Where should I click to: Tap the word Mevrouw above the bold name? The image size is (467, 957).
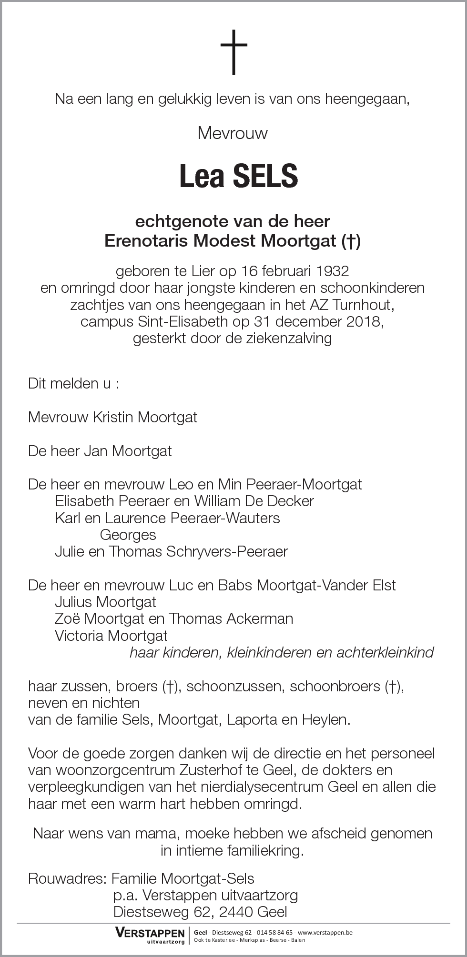[x=233, y=133]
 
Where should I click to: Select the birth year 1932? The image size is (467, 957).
[x=332, y=271]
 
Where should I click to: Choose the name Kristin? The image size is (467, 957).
[x=113, y=418]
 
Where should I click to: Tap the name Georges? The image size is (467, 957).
[x=128, y=535]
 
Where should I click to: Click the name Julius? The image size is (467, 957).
[x=75, y=602]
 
